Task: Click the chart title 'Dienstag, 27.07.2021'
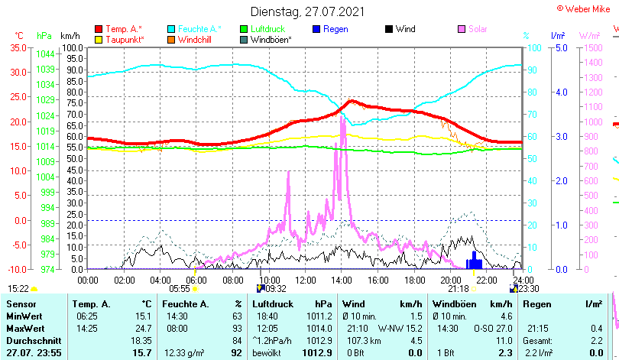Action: [x=308, y=11]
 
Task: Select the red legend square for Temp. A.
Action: [x=99, y=29]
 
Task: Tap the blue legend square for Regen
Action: [x=317, y=29]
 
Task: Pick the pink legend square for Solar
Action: [x=462, y=29]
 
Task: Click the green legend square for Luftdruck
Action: [x=245, y=29]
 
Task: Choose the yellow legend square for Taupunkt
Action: [x=99, y=40]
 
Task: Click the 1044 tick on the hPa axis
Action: [x=45, y=54]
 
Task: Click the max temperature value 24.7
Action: [x=143, y=328]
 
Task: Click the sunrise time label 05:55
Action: [x=179, y=288]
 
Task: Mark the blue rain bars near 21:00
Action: [x=475, y=260]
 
